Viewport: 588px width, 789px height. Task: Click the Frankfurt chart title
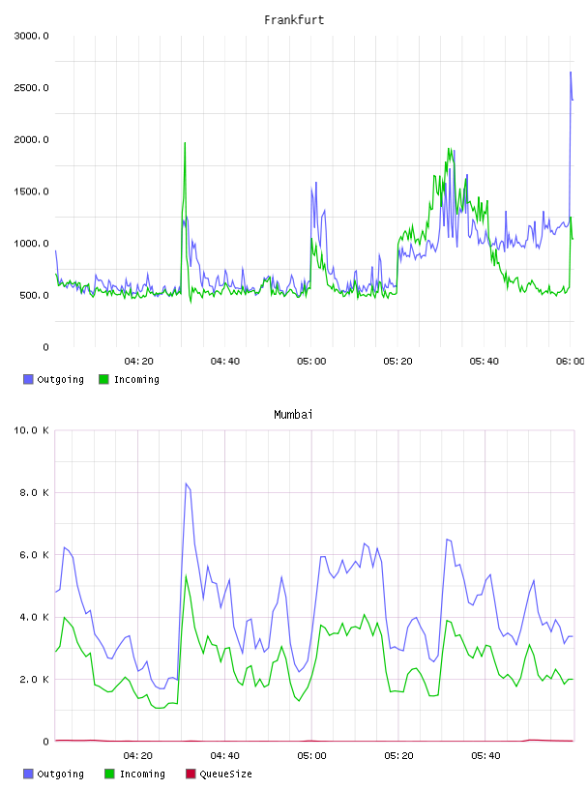(294, 20)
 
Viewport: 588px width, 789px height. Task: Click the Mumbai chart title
(293, 415)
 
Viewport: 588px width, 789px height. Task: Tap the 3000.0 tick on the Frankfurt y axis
(31, 36)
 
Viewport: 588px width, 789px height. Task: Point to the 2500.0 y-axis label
(31, 88)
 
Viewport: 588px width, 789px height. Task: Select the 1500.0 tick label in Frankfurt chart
(31, 191)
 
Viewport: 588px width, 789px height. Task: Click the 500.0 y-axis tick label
(34, 295)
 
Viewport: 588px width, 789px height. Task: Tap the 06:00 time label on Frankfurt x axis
(571, 362)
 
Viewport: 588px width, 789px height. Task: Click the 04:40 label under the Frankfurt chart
(225, 362)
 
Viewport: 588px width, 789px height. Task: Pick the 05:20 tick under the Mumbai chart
(398, 756)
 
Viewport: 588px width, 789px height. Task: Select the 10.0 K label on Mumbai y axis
(31, 430)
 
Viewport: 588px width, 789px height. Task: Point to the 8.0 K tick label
(34, 492)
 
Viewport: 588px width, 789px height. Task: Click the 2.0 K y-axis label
(34, 680)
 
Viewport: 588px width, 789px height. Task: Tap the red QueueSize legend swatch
(191, 774)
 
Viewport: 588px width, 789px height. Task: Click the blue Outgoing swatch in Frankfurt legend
(28, 379)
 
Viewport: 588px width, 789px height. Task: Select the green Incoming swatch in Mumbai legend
(109, 774)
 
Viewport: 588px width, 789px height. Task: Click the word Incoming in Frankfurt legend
(136, 380)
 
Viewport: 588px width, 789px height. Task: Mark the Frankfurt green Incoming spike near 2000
(185, 143)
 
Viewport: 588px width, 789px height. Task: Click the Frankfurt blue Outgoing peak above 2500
(571, 72)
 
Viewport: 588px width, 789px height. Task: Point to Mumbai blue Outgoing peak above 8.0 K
(186, 483)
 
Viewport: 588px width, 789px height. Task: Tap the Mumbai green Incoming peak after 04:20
(186, 575)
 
